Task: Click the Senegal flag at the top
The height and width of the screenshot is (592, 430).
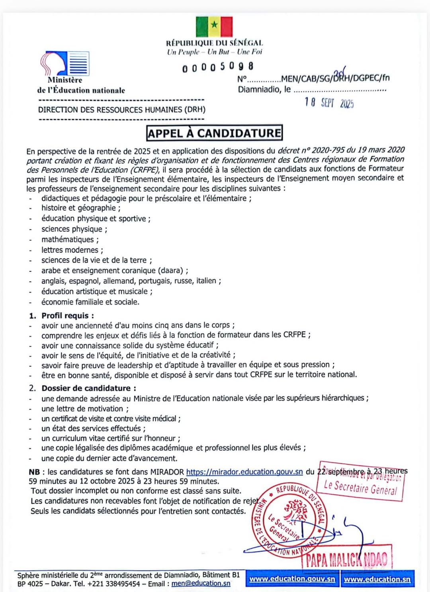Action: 214,27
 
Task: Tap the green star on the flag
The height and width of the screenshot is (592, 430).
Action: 214,25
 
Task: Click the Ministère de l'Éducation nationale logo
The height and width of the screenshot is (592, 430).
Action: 65,64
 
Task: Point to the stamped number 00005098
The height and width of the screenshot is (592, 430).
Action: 218,67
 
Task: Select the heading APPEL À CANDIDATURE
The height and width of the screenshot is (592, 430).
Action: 215,133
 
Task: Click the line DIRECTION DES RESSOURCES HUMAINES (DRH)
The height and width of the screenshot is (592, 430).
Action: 122,109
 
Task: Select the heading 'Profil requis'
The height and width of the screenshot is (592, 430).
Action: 68,315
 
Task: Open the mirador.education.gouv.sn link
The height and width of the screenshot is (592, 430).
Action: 244,472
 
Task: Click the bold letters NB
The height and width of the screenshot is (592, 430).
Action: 34,472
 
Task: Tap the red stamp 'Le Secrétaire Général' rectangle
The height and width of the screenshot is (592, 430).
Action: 360,483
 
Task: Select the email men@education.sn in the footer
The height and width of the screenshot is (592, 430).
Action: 201,583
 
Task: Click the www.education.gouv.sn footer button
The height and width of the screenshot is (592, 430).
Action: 292,579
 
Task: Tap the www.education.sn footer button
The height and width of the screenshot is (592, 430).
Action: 377,579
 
